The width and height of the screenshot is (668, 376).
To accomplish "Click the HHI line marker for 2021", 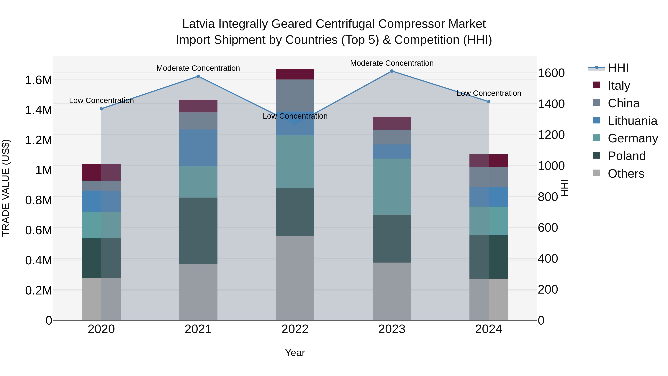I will click(x=198, y=76).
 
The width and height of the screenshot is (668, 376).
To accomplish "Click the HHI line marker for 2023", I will click(x=392, y=71).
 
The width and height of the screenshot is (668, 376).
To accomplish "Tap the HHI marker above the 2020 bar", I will click(x=101, y=109).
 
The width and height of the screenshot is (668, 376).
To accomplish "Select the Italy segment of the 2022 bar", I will click(x=295, y=74).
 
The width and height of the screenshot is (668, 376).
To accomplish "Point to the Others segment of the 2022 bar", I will click(x=295, y=278).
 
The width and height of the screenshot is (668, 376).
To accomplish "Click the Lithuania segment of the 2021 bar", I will click(x=198, y=148).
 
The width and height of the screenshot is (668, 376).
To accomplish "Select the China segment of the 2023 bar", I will click(x=392, y=137).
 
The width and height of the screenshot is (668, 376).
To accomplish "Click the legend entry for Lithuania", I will click(x=632, y=121).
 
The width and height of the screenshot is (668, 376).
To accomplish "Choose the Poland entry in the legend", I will click(x=626, y=156).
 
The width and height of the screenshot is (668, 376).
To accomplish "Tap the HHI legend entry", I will click(x=618, y=68).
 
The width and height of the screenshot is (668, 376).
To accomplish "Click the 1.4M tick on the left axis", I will click(x=38, y=110).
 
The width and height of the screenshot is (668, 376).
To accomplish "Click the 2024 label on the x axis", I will click(x=489, y=329).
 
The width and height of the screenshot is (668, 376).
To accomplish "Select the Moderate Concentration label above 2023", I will click(x=392, y=63).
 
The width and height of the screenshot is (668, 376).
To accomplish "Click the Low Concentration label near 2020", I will click(x=101, y=100).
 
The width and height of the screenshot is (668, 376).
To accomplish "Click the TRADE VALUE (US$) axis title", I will click(x=6, y=188).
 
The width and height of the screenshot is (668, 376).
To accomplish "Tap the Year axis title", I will click(x=295, y=353).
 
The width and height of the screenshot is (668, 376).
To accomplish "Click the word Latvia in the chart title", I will click(x=198, y=24).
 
